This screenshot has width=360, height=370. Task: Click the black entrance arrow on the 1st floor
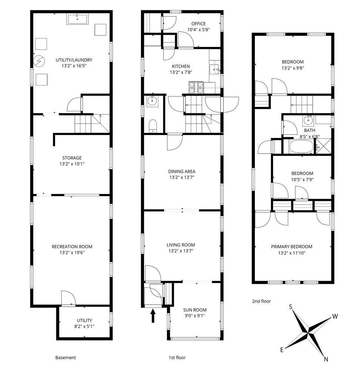pyautogui.click(x=153, y=316)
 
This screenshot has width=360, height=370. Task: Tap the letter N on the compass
pyautogui.click(x=326, y=359)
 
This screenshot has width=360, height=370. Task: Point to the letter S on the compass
pyautogui.click(x=291, y=307)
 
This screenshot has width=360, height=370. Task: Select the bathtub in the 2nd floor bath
pyautogui.click(x=301, y=147)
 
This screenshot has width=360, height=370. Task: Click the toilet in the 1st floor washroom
pyautogui.click(x=153, y=126)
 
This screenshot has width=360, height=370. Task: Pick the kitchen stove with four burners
pyautogui.click(x=196, y=87)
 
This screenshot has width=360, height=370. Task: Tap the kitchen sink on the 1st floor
pyautogui.click(x=214, y=69)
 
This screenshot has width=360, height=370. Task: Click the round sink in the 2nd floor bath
pyautogui.click(x=308, y=121)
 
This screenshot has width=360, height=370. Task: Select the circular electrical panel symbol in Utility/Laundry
pyautogui.click(x=39, y=61)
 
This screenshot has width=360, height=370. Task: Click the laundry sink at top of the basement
pyautogui.click(x=77, y=19)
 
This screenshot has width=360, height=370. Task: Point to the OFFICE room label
pyautogui.click(x=198, y=24)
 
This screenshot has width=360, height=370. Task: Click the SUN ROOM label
pyautogui.click(x=195, y=310)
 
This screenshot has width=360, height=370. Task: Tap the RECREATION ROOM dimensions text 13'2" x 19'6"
pyautogui.click(x=72, y=253)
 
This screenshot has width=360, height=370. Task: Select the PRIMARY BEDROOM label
pyautogui.click(x=292, y=246)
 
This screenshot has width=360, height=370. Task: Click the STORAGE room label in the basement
pyautogui.click(x=72, y=158)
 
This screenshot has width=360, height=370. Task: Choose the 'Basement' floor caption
pyautogui.click(x=65, y=357)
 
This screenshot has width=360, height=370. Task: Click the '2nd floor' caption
pyautogui.click(x=261, y=301)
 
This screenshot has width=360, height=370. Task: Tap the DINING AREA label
pyautogui.click(x=182, y=172)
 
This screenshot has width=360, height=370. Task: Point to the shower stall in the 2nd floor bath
pyautogui.click(x=323, y=147)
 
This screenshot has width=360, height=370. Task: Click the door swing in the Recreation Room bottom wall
pyautogui.click(x=68, y=298)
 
